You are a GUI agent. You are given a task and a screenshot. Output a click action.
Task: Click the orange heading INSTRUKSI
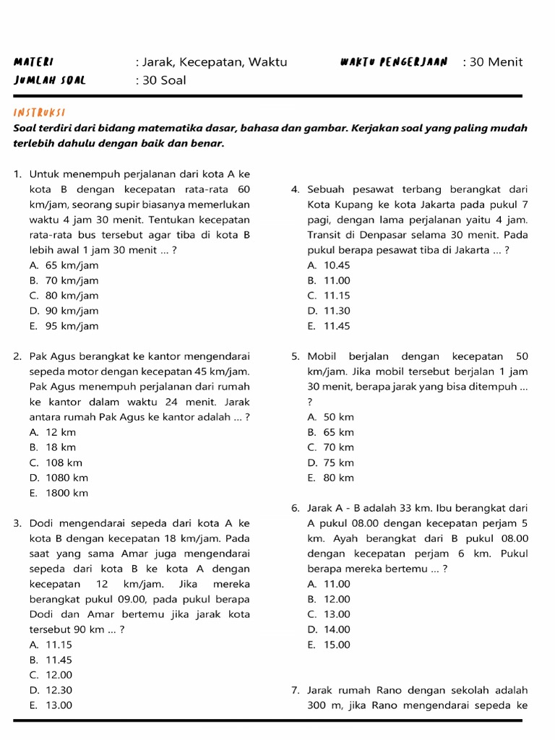[40, 113]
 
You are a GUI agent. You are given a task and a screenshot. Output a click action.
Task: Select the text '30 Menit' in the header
[496, 62]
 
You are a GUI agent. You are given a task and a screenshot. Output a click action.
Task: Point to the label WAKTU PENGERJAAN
[393, 62]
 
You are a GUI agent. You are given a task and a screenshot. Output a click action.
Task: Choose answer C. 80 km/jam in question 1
[64, 296]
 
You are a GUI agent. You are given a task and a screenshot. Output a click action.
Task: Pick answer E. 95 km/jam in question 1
[64, 326]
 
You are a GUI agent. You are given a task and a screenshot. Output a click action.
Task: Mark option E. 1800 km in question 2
[59, 493]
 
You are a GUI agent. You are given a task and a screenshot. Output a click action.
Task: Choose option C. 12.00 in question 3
[51, 675]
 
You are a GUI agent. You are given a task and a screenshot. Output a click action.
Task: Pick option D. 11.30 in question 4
[329, 311]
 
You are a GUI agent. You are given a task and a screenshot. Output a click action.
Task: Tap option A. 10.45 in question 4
[329, 265]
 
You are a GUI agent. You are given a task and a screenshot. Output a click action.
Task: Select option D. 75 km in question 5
[331, 462]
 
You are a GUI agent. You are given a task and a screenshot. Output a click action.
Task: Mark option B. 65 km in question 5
[331, 432]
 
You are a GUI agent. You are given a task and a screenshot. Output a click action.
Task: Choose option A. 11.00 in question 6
[329, 584]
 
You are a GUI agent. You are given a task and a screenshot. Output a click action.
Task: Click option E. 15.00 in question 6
[329, 645]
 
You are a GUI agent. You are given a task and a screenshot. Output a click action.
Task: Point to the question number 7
[296, 690]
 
